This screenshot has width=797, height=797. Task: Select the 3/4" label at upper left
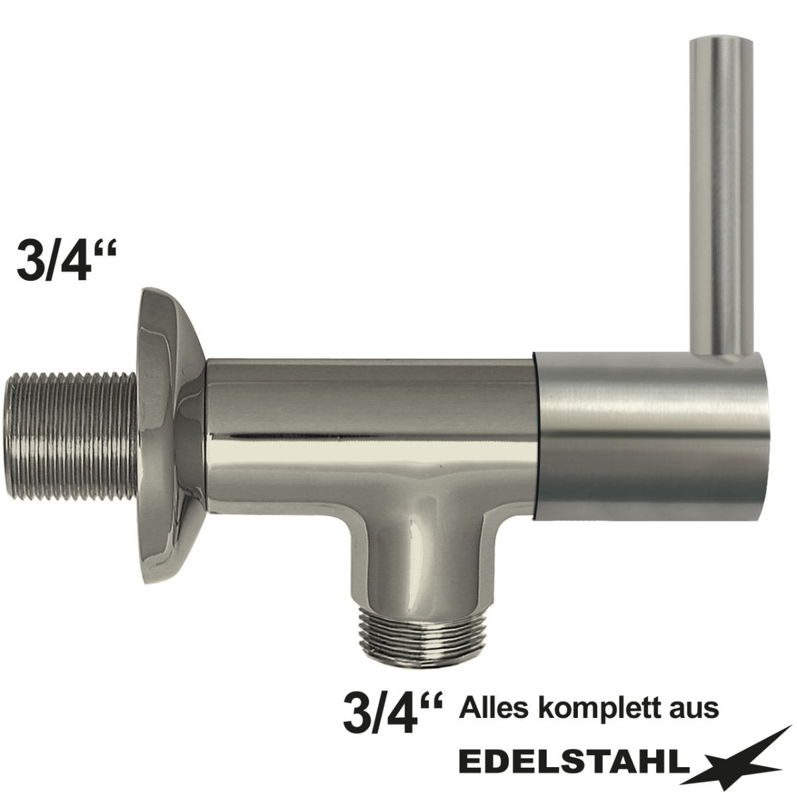64,261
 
